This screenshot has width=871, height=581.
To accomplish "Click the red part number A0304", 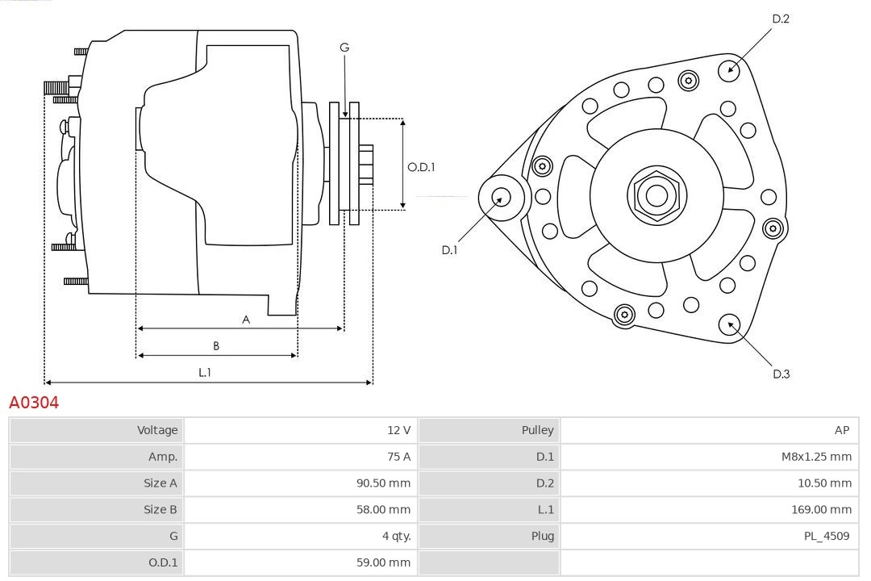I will [x=34, y=402].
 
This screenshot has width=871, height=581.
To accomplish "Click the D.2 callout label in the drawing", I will [x=781, y=19].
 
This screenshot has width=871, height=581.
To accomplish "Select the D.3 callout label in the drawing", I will [x=781, y=374].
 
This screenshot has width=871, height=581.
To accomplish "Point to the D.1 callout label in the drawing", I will [x=449, y=250].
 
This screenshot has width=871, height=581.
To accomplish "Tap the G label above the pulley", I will [x=344, y=48].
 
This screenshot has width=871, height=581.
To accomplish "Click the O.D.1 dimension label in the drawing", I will [x=421, y=168].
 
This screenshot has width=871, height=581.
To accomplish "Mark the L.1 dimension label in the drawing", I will [x=205, y=372].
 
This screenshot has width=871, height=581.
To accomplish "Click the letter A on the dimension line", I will [x=246, y=320].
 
